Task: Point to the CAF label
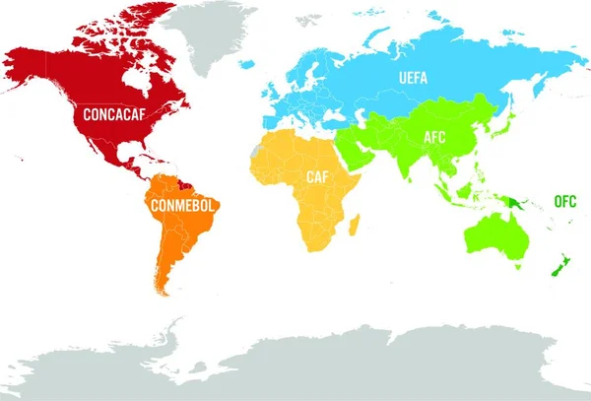click(x=316, y=177)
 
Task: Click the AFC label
click(x=433, y=137)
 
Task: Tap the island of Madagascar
click(x=353, y=228)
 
